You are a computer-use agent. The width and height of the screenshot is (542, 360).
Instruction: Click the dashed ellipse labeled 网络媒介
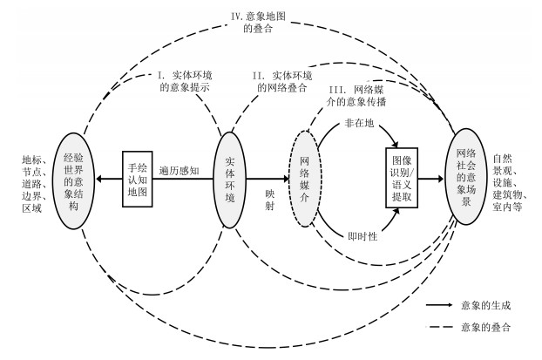click(305, 179)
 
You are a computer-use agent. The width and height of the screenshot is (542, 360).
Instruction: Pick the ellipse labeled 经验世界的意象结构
click(75, 179)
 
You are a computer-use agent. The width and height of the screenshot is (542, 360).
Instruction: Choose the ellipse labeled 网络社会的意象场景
click(467, 178)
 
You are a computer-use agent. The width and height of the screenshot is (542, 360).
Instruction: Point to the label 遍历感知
click(182, 171)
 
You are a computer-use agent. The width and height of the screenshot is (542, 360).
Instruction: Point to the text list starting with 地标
click(29, 179)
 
